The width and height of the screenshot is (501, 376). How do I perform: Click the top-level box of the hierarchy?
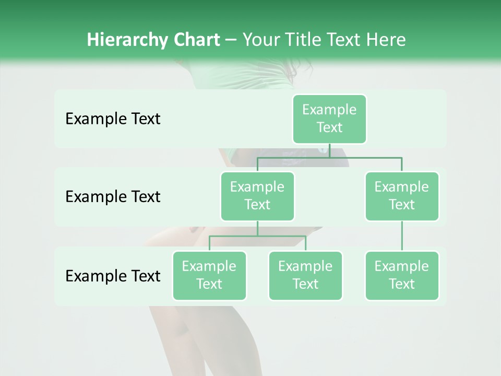329,119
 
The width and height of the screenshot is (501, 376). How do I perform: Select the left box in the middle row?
257,196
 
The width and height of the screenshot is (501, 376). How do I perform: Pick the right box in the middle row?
402,196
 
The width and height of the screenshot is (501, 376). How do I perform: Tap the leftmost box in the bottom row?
209,275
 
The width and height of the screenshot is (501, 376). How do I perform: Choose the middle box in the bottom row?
305,275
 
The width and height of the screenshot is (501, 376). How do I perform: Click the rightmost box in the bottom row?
402,275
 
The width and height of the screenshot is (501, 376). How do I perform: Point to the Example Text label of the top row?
113,119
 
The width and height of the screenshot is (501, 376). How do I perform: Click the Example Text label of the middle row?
113,197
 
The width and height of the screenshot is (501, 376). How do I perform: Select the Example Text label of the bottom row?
113,276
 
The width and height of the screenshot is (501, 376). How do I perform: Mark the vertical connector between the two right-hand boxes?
402,236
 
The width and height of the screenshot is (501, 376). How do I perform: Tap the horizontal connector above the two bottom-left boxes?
257,237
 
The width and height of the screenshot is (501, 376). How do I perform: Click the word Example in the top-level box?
329,110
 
